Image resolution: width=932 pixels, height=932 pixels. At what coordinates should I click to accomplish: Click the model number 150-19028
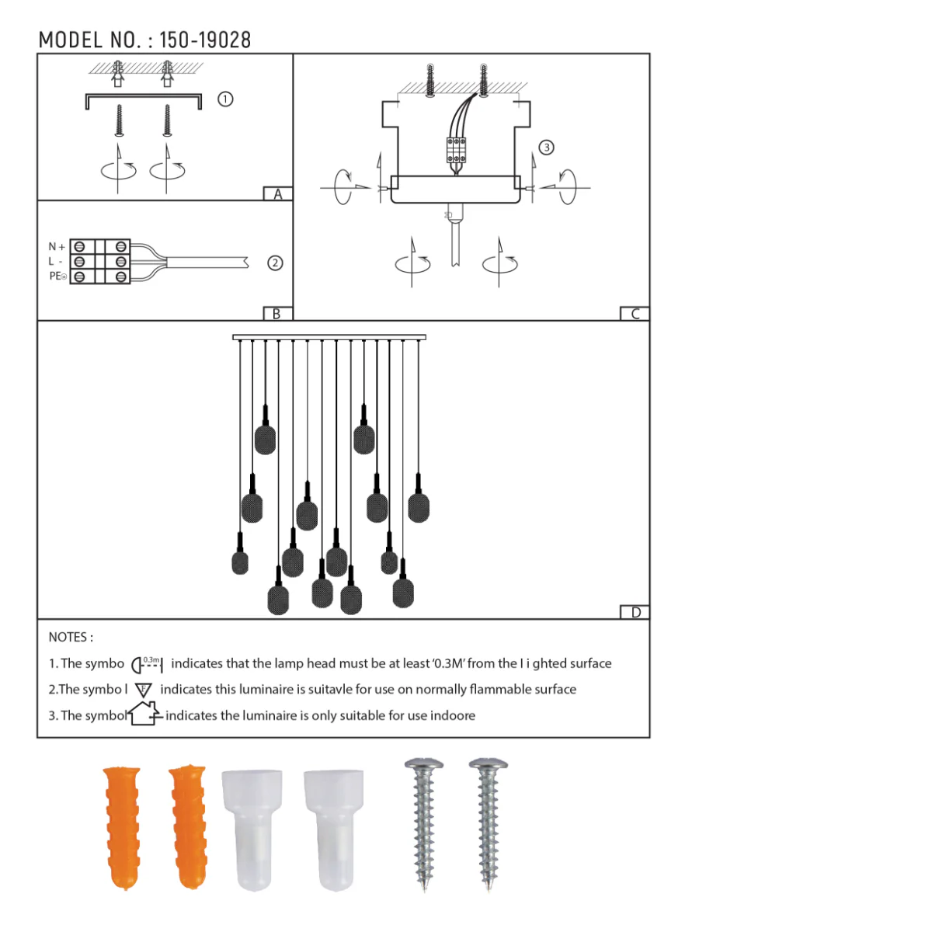(205, 40)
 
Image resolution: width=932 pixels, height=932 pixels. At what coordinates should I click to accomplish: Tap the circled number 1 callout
(225, 99)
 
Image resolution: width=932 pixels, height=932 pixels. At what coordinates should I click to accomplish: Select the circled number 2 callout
(275, 263)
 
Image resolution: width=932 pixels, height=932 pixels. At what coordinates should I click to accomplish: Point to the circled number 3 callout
(547, 148)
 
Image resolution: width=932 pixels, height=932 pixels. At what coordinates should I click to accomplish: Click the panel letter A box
(277, 194)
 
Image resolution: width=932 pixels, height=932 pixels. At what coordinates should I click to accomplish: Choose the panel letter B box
(276, 314)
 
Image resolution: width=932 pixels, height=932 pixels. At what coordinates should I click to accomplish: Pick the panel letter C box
(635, 314)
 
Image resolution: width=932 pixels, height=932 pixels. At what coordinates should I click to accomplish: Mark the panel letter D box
(635, 612)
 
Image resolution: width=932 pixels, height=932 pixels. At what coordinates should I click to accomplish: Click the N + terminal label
(57, 247)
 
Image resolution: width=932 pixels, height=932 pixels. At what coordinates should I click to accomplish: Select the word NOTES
(68, 637)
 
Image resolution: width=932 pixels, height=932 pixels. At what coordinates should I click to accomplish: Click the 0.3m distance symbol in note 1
(148, 664)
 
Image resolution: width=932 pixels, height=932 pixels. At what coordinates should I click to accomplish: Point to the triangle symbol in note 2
(143, 690)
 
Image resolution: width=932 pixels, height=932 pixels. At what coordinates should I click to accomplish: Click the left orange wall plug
(122, 826)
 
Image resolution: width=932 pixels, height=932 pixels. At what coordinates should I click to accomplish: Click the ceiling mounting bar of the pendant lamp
(329, 338)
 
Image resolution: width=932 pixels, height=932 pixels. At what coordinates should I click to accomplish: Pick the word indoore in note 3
(453, 715)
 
